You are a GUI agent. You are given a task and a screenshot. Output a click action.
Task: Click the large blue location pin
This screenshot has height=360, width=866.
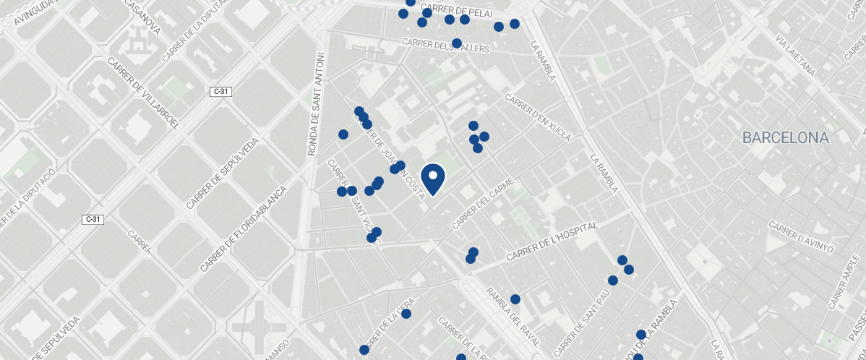coord(433,179)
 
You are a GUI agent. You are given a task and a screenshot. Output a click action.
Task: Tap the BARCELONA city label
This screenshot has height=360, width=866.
coord(785,138)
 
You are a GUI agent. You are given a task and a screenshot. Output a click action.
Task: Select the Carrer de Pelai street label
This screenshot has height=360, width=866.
coord(456,12)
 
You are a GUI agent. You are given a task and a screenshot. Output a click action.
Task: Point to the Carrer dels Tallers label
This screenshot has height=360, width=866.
coord(445,46)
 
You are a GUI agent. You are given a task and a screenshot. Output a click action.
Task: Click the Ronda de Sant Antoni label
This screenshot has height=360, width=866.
coord(314,104)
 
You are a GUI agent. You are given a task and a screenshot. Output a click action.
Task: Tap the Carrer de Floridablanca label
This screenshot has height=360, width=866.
coord(244,228)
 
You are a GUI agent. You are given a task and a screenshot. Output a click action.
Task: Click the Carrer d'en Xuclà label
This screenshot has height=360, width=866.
coord(538,117)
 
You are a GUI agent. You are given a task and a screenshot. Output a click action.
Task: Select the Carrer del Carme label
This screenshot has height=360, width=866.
coord(482,204)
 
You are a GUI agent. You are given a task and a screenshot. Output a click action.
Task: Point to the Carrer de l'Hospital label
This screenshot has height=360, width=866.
coord(552,241)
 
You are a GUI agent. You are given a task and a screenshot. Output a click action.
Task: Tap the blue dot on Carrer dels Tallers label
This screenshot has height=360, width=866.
coord(457,43)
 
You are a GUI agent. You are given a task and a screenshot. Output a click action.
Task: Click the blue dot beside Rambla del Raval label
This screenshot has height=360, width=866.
coord(515,299)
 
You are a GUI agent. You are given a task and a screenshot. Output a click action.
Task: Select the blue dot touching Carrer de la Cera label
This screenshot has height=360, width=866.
coord(406,314)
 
